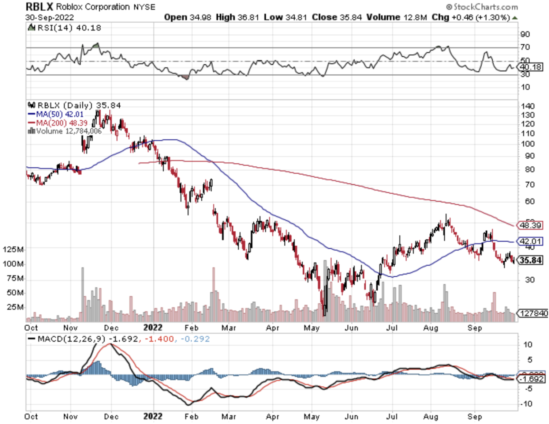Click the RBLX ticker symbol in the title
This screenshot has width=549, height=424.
click(39, 7)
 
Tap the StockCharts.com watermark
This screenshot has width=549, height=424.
click(482, 7)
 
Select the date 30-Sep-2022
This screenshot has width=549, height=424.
click(49, 18)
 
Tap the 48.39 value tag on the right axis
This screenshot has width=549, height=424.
click(530, 225)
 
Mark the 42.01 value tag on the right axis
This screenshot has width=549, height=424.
click(530, 241)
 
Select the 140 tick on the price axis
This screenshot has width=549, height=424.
click(528, 106)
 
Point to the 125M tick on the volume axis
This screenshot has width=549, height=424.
click(13, 249)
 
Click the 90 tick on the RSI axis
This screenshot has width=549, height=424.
click(525, 34)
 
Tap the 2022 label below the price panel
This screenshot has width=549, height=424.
click(153, 328)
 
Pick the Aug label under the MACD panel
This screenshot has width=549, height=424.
click(431, 417)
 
